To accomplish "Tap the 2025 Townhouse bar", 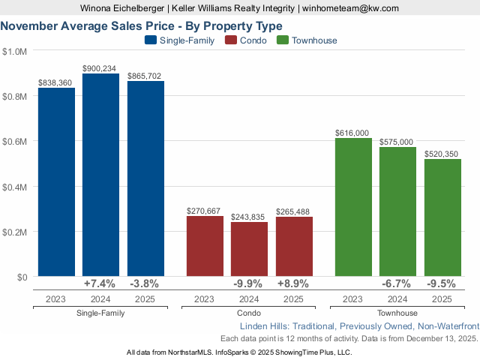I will (442, 217).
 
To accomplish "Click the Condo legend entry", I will (246, 40).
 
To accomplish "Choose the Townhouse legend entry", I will (307, 40).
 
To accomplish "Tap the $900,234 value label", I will (101, 67).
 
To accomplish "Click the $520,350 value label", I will (442, 153).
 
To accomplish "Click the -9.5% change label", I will (442, 284).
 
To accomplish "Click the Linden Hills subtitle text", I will (358, 327).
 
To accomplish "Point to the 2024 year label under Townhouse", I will (397, 299).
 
